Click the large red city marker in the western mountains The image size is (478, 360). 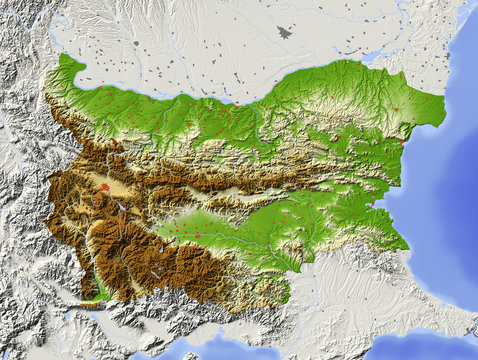(x=104, y=185)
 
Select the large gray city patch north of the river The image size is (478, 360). (x=285, y=33)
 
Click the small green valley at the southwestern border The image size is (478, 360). (x=100, y=290)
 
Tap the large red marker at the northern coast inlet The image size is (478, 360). (x=401, y=142)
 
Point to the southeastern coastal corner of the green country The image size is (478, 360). (x=408, y=245)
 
